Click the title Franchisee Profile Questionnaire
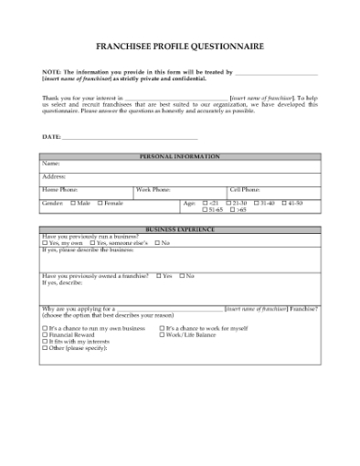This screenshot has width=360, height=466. (180, 44)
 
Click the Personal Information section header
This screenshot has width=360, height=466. (180, 156)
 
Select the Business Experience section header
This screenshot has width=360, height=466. (180, 228)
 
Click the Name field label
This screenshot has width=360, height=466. (51, 164)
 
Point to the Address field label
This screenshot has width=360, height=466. (54, 175)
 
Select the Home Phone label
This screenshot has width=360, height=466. (60, 189)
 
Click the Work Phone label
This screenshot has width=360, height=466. (154, 189)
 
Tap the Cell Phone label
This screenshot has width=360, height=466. (245, 189)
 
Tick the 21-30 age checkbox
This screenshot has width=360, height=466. (229, 202)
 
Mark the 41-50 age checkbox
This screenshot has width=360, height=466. (283, 202)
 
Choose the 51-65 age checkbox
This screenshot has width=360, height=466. (204, 209)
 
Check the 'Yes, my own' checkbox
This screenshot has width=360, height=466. (45, 242)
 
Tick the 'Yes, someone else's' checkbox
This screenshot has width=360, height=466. (91, 242)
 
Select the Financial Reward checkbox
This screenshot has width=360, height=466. (45, 334)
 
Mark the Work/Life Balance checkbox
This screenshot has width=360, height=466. (162, 334)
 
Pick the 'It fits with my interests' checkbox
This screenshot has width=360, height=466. (45, 341)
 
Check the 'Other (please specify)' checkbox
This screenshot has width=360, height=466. (45, 348)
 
